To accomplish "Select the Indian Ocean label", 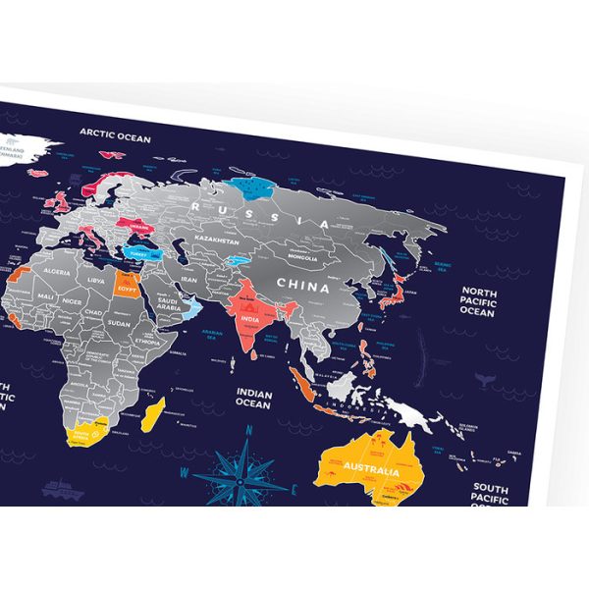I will (252, 397).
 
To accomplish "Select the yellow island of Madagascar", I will (152, 414).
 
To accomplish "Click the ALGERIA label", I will (56, 271).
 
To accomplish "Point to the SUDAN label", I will (119, 321).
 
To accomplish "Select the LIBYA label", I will (95, 280).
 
